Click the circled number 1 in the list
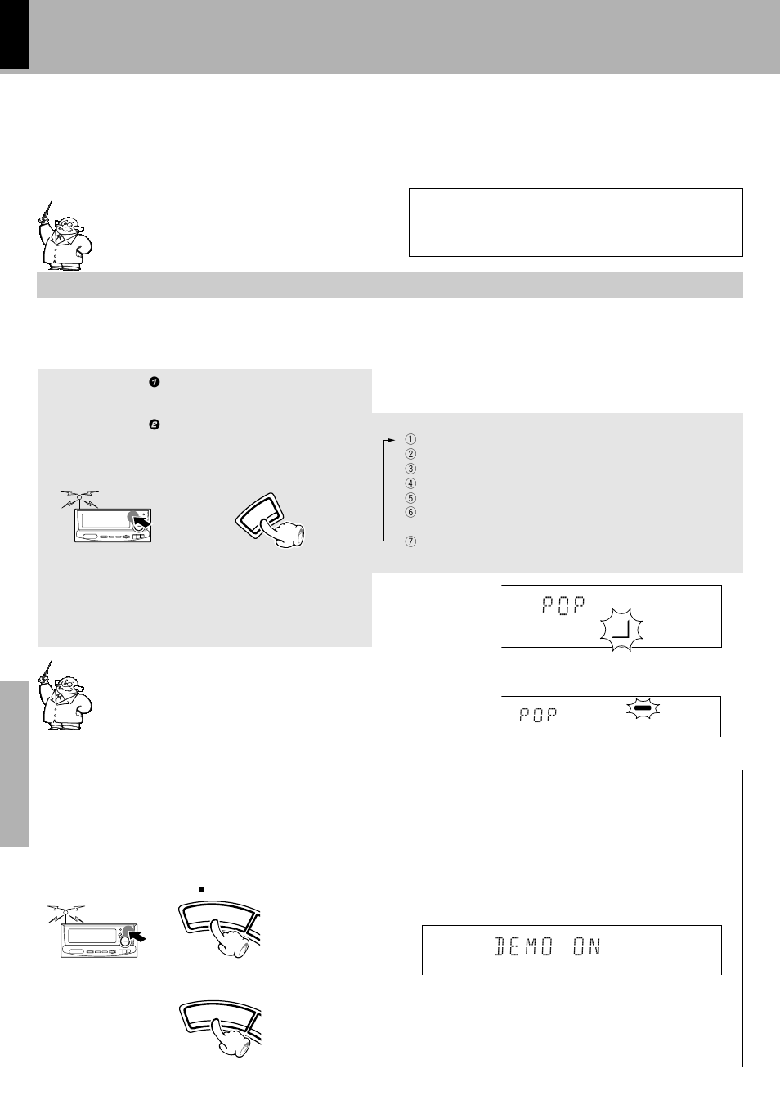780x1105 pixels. (x=410, y=439)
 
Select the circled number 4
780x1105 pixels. (x=410, y=483)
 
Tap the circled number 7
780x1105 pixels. (x=410, y=541)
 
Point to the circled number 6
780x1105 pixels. (x=410, y=512)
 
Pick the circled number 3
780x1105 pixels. (x=410, y=469)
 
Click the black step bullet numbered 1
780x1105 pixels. (x=155, y=382)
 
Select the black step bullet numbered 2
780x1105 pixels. (x=155, y=424)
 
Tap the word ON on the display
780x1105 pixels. (x=587, y=946)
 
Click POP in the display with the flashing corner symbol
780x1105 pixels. (x=563, y=604)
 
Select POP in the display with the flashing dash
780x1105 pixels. (x=539, y=715)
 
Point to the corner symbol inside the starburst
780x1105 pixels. (x=622, y=630)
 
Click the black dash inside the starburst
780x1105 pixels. (x=643, y=707)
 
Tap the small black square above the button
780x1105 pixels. (x=201, y=890)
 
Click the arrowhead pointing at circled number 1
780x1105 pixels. (x=392, y=440)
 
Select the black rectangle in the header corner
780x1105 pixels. (x=15, y=34)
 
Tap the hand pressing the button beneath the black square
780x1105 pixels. (x=231, y=937)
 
